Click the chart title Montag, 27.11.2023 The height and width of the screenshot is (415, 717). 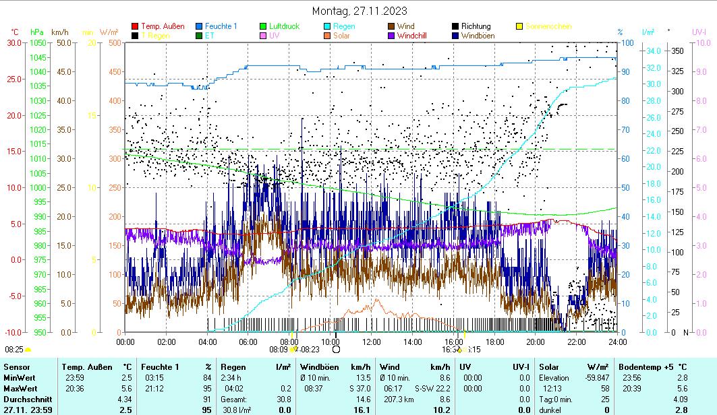(x=360, y=11)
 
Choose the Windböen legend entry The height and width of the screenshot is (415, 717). (x=476, y=35)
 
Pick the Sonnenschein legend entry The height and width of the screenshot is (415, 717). (x=547, y=26)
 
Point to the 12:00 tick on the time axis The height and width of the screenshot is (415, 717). (x=372, y=342)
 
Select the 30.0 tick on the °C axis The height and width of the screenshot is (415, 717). (x=14, y=43)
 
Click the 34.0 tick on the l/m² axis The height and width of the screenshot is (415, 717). (x=652, y=51)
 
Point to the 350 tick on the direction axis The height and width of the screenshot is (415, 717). (x=677, y=51)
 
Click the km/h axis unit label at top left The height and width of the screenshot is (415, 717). (x=60, y=32)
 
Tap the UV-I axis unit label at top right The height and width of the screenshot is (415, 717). (x=699, y=32)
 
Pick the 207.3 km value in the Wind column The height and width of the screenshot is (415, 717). (x=395, y=399)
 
